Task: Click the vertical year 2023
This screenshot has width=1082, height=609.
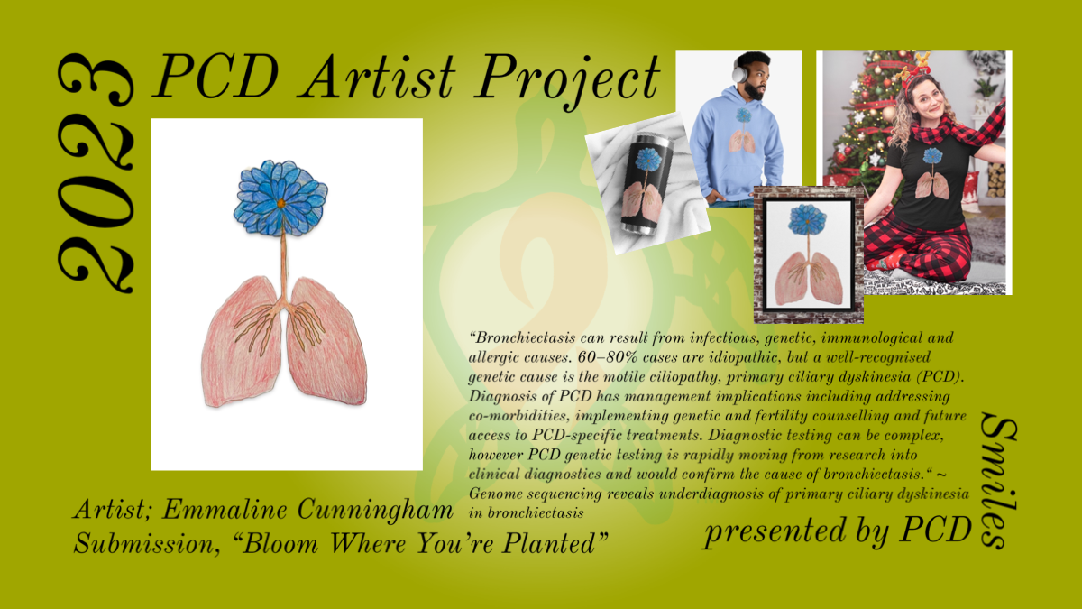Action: pos(96,173)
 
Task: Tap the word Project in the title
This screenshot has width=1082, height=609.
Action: pos(568,82)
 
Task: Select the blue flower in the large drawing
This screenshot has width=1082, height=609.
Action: pos(280,198)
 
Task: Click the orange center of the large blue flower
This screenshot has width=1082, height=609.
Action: pos(281,204)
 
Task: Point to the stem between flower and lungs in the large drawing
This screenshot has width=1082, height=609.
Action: pos(284,268)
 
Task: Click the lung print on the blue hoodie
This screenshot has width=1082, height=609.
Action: pos(743,141)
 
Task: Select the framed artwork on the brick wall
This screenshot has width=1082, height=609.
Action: pos(809,254)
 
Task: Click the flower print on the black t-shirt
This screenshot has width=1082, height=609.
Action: pos(932,155)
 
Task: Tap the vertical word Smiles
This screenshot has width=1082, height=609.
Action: pos(999,482)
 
